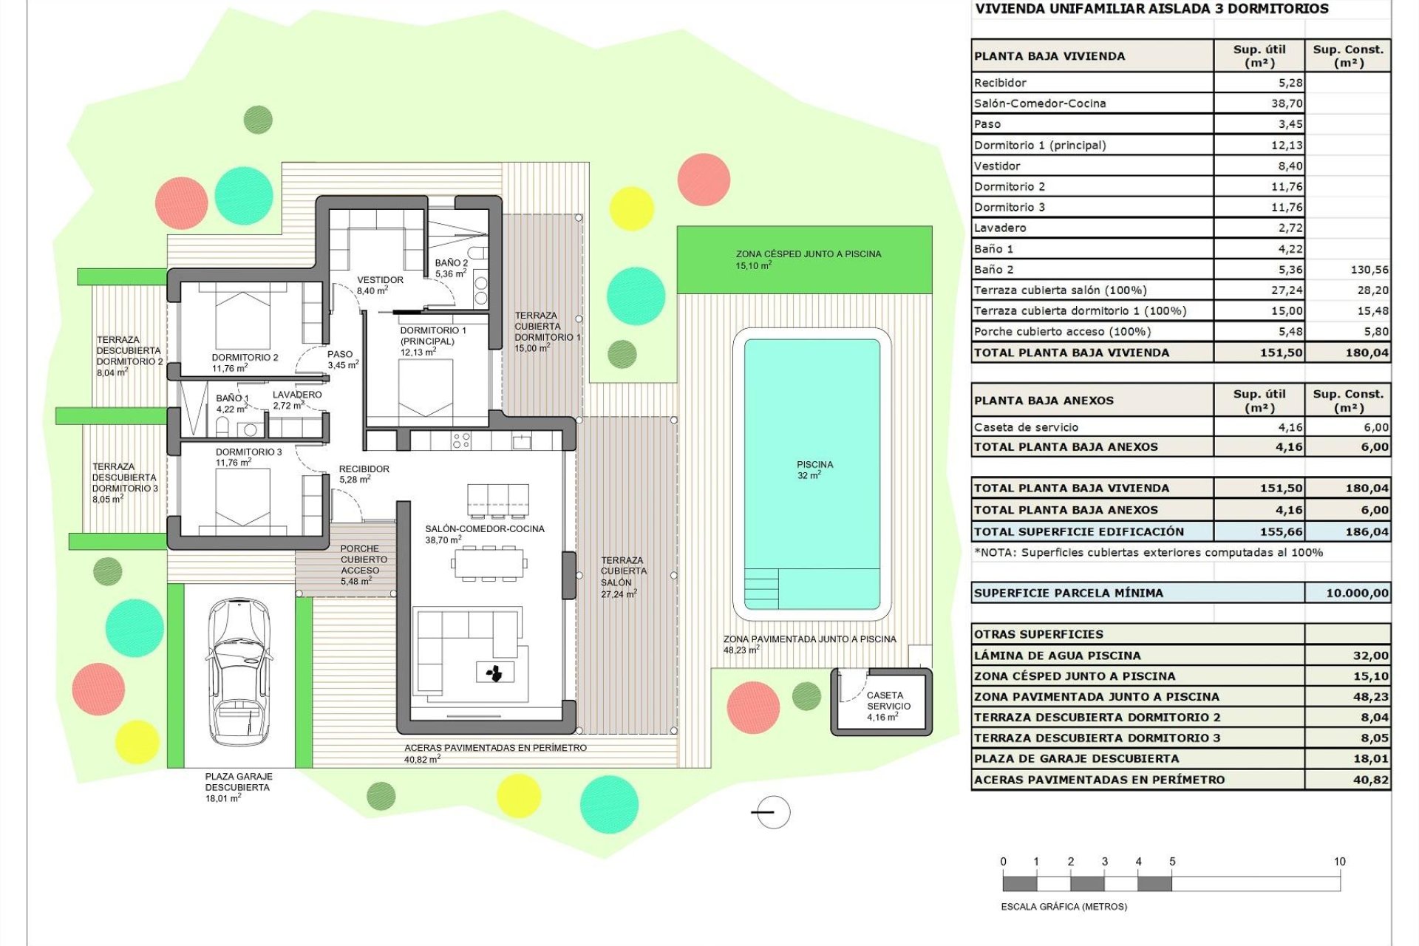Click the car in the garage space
238,671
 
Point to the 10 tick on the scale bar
1339,862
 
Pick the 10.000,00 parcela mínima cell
1356,593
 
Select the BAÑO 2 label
451,268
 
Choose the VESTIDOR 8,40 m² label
380,285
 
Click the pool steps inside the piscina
760,588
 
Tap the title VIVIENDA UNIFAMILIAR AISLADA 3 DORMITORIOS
1151,9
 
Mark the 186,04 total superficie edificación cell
1367,531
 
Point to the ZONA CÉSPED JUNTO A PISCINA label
808,259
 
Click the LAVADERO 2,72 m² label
296,400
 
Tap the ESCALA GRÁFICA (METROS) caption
1064,907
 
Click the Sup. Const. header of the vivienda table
1347,55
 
